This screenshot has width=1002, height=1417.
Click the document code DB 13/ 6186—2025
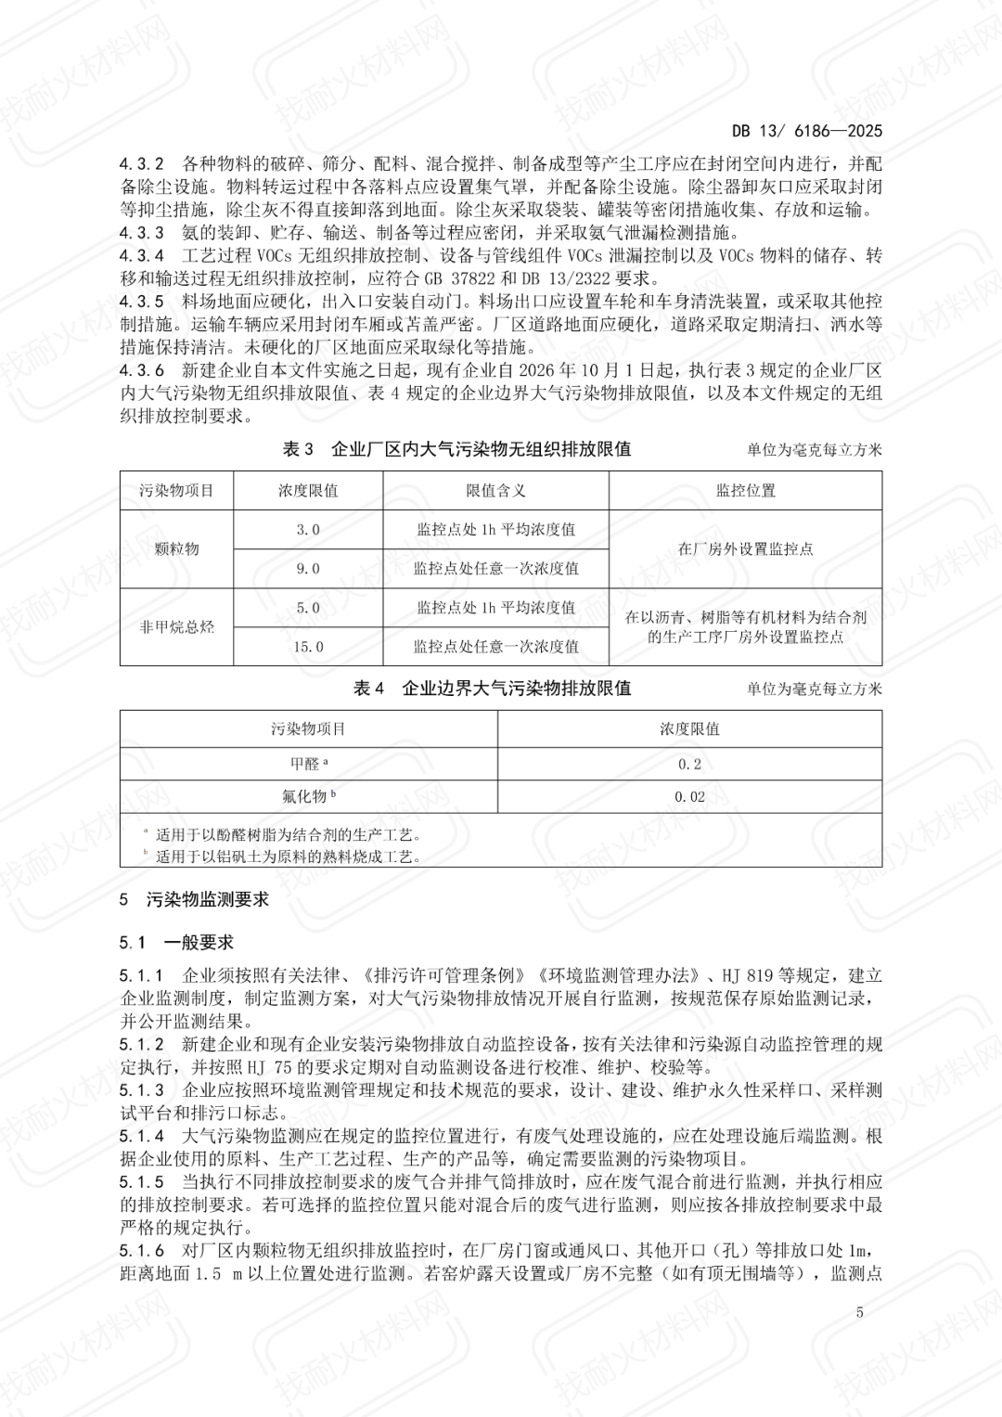click(x=806, y=132)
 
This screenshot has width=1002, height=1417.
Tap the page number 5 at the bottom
click(x=860, y=1312)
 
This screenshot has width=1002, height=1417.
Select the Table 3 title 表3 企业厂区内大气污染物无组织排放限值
click(x=456, y=449)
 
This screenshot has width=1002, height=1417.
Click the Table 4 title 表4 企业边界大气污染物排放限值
click(x=492, y=689)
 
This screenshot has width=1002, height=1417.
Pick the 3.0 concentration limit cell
click(x=308, y=530)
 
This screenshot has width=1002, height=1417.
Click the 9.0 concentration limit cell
click(x=308, y=569)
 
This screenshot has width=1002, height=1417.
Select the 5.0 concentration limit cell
click(x=308, y=608)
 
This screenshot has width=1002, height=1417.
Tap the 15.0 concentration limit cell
click(x=308, y=647)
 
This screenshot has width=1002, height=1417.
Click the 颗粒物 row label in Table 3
click(x=176, y=549)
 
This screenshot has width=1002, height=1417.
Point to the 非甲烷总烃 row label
click(x=176, y=627)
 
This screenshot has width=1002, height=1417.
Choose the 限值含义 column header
click(x=495, y=491)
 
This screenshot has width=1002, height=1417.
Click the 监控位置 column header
click(x=745, y=491)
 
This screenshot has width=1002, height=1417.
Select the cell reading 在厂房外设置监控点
click(x=745, y=549)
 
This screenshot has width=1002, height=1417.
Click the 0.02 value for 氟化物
click(x=689, y=797)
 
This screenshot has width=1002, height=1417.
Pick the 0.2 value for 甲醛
click(x=689, y=765)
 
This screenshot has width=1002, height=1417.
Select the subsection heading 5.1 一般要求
click(x=176, y=943)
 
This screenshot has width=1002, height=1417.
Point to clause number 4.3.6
click(x=142, y=371)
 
